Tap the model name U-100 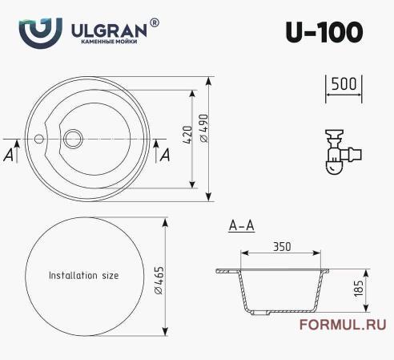point(324,30)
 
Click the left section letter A point(9,155)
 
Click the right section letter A point(165,155)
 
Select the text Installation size point(83,275)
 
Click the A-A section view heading point(241,226)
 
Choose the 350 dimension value point(280,247)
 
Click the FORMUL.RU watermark point(341,325)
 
